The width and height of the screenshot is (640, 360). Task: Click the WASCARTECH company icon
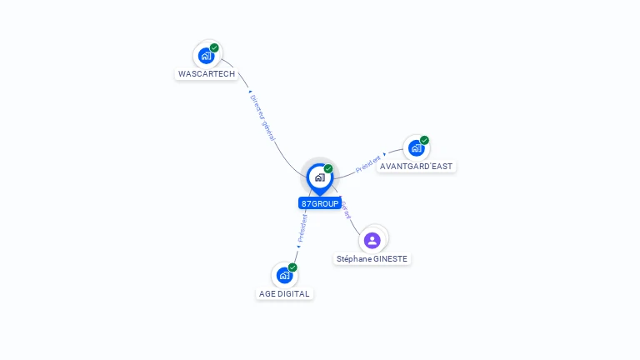(206, 56)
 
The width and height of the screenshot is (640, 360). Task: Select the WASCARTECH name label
(207, 74)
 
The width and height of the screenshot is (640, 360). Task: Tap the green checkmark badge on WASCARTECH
(214, 48)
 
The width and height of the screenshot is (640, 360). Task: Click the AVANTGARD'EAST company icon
(416, 148)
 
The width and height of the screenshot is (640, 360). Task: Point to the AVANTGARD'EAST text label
(416, 167)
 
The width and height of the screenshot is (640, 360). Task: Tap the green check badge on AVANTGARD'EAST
(424, 141)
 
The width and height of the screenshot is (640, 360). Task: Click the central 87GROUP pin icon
(319, 177)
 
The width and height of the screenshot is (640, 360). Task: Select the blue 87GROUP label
(320, 203)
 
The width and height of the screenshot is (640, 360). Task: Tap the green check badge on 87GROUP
(328, 169)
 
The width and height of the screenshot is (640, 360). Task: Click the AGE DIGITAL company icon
(284, 275)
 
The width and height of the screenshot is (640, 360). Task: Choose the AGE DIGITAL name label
(284, 294)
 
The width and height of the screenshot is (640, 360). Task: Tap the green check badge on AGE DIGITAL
(292, 267)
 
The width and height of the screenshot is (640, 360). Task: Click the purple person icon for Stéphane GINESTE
(372, 240)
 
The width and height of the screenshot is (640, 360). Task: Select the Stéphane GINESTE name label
(372, 259)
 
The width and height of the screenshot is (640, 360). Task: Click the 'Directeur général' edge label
(262, 117)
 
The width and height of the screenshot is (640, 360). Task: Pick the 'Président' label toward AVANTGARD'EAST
(368, 163)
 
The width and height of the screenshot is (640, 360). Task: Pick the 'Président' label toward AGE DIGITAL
(302, 227)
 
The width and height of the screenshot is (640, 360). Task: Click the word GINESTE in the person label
(389, 259)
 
